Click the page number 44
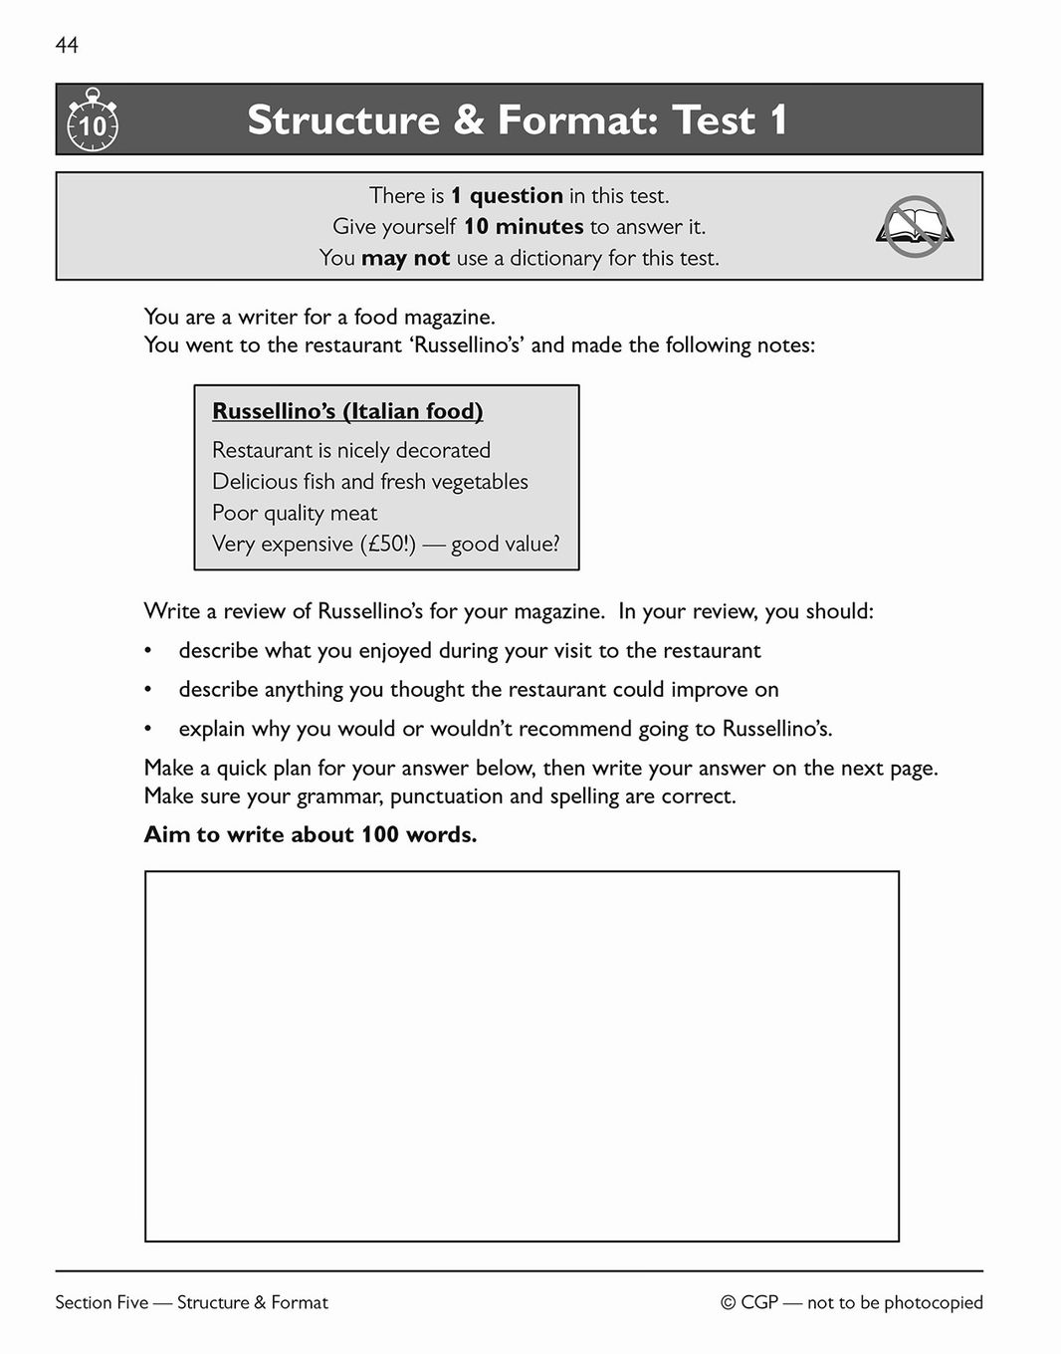(x=67, y=45)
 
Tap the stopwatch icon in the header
(x=92, y=120)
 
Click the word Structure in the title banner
(x=342, y=120)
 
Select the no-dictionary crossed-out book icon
(x=915, y=227)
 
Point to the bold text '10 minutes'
(x=524, y=227)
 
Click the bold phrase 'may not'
(x=405, y=258)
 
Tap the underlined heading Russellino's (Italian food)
(x=347, y=411)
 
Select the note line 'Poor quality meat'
(x=295, y=513)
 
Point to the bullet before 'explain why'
(x=148, y=730)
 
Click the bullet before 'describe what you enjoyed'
(x=148, y=652)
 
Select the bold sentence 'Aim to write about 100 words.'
(x=311, y=834)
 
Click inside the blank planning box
(x=522, y=1055)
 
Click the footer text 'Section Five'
(x=102, y=1302)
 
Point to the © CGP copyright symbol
(x=728, y=1303)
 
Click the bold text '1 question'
(x=507, y=195)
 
